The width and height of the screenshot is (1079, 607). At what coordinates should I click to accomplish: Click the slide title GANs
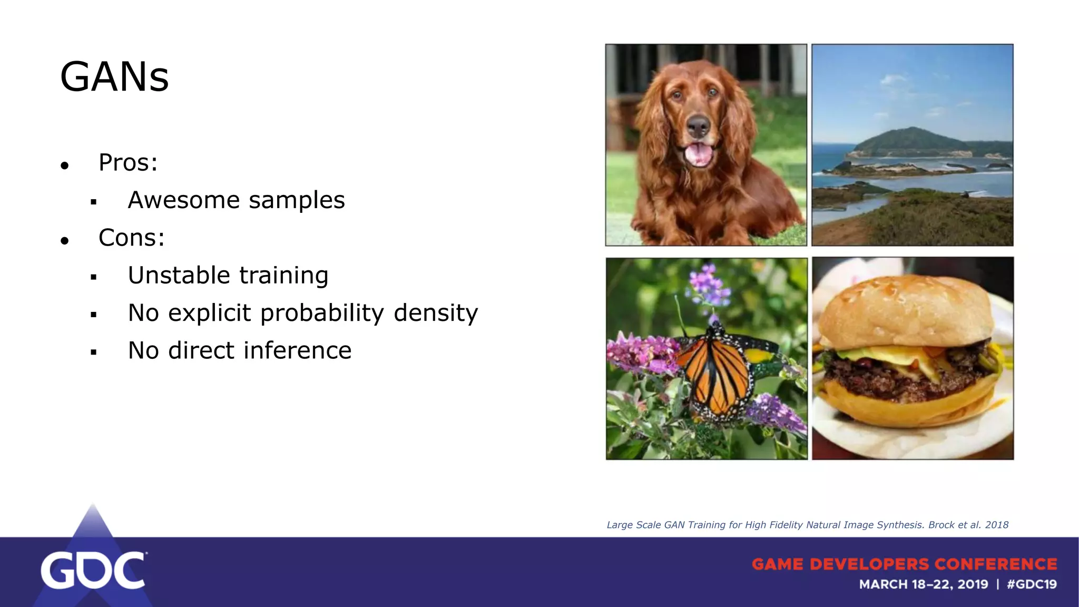(x=114, y=77)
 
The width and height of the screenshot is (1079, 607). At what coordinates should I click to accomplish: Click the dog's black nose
(x=699, y=126)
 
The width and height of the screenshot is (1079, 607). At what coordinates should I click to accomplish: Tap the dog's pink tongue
(x=699, y=154)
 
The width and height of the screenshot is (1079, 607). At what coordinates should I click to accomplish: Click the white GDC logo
(x=93, y=571)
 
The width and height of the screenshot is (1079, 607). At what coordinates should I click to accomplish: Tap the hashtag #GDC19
(x=1032, y=584)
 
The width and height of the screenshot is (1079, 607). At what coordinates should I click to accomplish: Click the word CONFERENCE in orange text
(x=996, y=564)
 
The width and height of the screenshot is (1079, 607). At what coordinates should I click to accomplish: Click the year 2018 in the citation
(x=996, y=525)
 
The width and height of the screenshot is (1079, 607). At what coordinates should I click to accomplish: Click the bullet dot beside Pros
(x=65, y=166)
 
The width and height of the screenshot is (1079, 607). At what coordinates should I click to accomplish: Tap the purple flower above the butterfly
(x=709, y=287)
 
